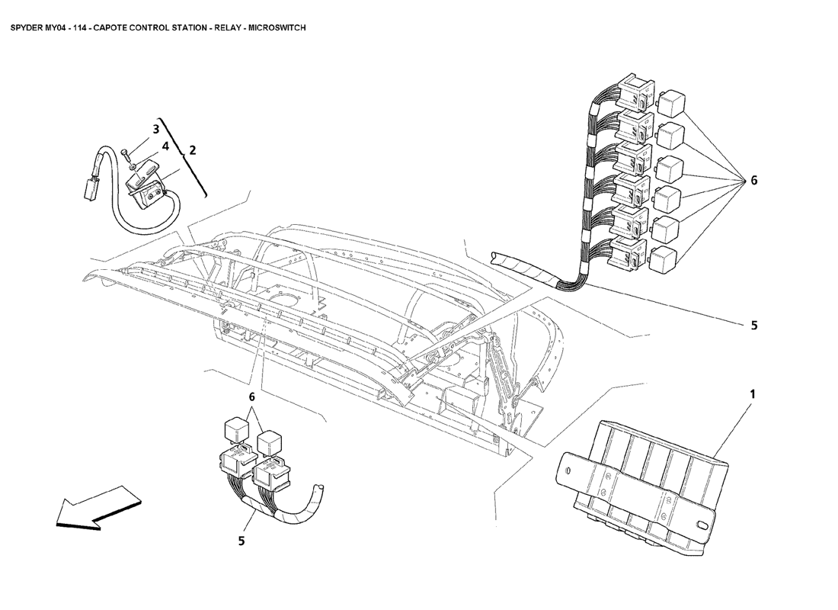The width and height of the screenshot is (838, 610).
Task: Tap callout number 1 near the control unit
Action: pos(753,394)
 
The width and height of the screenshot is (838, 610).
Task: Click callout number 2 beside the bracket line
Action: pos(193,149)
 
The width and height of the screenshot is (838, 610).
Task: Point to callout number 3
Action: pos(156,129)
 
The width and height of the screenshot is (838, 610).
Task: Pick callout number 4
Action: pos(165,146)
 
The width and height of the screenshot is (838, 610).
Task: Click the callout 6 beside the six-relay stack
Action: pos(753,180)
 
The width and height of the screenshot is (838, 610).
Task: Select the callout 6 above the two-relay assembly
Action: pos(251,397)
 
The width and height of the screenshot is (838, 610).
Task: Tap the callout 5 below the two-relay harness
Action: pos(241,541)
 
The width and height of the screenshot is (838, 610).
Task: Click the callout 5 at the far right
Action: pos(754,325)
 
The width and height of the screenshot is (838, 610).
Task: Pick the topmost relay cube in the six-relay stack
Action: pos(672,101)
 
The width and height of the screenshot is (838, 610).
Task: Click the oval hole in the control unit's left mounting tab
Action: pos(569,471)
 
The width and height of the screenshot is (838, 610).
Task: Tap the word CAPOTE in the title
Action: pos(107,27)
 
